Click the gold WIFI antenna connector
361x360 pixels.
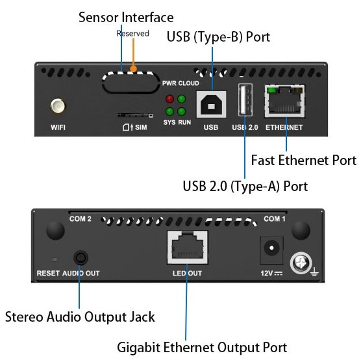(58, 106)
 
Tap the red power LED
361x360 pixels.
(169, 99)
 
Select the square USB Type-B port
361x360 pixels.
(211, 104)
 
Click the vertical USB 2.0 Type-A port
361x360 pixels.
(245, 100)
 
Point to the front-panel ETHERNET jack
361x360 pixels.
(285, 101)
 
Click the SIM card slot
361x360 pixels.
(135, 115)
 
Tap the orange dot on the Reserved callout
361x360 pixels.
(133, 69)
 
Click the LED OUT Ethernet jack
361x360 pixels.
(188, 248)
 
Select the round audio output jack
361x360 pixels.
(81, 258)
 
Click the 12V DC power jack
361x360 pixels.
(271, 250)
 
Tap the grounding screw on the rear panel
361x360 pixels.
(301, 263)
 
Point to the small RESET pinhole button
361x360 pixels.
(55, 260)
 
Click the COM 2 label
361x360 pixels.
(81, 219)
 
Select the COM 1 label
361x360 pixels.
(275, 219)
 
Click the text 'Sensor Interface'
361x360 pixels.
(126, 18)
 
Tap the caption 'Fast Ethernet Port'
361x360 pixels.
(304, 160)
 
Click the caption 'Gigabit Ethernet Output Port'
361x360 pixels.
(202, 347)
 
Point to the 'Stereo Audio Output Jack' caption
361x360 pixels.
(80, 316)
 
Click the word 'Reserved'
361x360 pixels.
(132, 33)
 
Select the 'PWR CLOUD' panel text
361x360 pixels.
(180, 83)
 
